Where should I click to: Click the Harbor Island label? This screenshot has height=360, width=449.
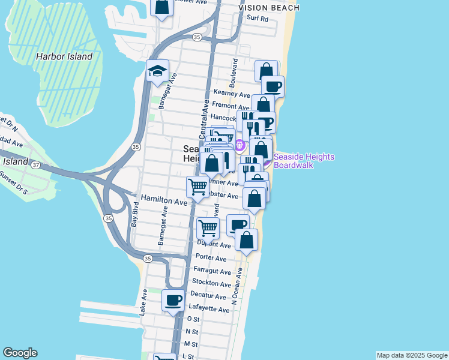pos(64,56)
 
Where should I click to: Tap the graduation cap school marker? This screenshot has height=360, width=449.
pos(157,71)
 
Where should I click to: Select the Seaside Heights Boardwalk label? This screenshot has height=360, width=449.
pos(304,161)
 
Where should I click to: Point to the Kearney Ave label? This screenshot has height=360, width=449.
pos(232,95)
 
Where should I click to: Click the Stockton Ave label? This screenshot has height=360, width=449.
pos(212,284)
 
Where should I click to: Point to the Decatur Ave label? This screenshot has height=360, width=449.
pos(208,296)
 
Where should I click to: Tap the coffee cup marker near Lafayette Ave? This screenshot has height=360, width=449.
pos(173,300)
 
